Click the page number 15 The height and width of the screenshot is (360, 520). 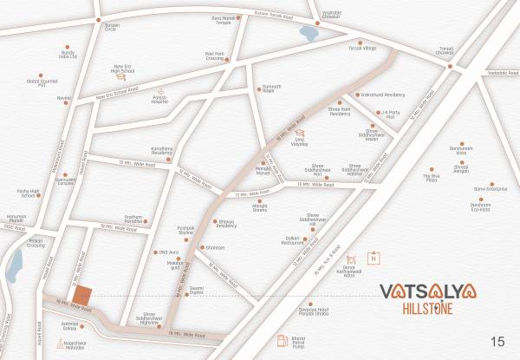point(497,341)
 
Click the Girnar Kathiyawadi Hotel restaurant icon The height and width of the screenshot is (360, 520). point(351,259)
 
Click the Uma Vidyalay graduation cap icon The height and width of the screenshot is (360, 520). point(300,133)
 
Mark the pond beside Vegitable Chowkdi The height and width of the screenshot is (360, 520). point(309,33)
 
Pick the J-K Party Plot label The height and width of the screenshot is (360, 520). point(393,113)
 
